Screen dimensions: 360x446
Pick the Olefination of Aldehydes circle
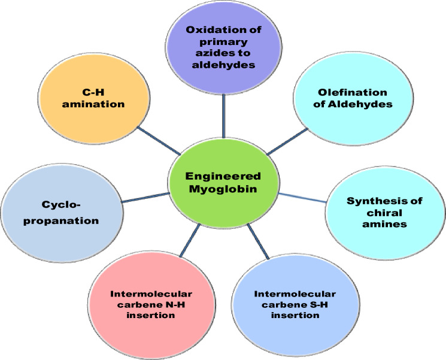(x=345, y=98)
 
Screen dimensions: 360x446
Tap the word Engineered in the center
(x=222, y=176)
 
